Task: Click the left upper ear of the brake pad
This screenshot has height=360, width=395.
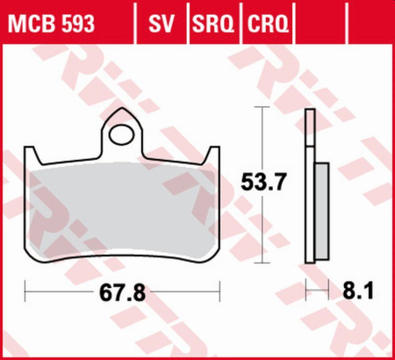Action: pos(38,155)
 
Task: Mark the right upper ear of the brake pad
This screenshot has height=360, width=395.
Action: pos(210,155)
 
